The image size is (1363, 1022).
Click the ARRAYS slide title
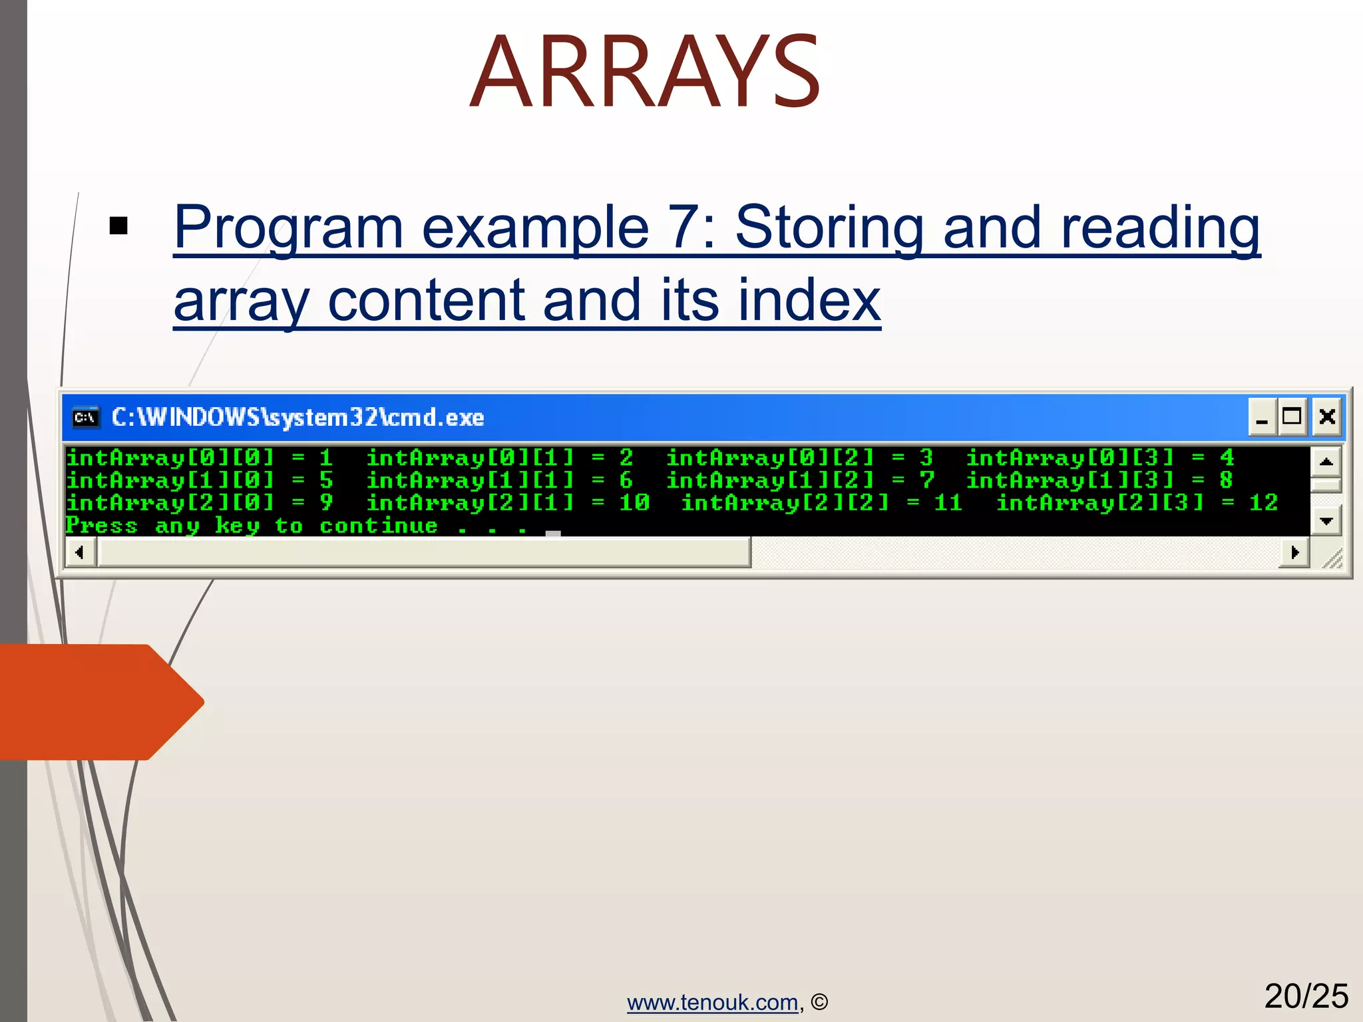coord(644,72)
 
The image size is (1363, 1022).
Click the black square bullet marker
coord(118,226)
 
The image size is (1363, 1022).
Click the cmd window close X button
coord(1327,417)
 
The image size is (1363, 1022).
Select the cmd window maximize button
coord(1292,417)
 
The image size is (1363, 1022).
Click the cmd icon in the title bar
coord(85,417)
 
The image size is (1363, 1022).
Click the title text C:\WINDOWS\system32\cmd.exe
coord(297,417)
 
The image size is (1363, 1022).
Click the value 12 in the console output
coord(1263,502)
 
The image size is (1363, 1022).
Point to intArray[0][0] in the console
coord(170,458)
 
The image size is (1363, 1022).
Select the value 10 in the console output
coord(634,502)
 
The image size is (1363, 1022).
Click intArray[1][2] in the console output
coord(770,480)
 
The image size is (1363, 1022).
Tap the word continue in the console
coord(379,526)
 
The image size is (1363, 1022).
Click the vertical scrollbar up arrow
coord(1326,461)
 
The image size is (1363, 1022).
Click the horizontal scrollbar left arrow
coord(80,552)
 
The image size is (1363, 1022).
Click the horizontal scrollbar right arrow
coord(1294,552)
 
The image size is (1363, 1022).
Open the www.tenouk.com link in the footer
coord(712,1002)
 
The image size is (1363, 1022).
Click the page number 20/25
coord(1306,996)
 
